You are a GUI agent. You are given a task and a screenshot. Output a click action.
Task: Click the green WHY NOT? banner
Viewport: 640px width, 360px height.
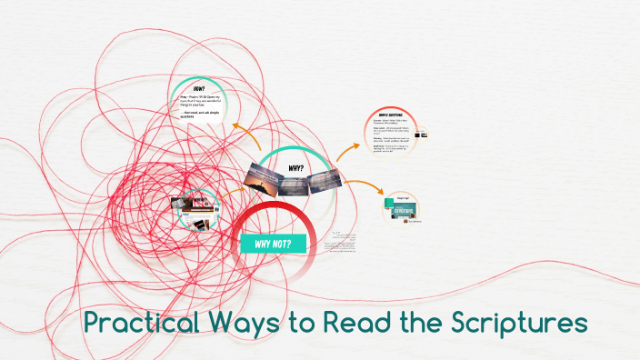tap(274, 244)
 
